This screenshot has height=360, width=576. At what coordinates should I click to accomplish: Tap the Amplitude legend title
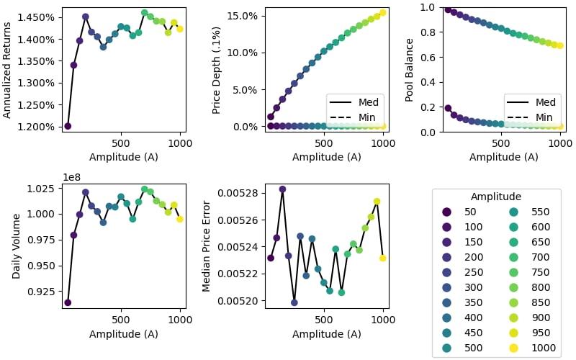click(x=496, y=197)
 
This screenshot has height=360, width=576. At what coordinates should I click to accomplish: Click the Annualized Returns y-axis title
click(x=8, y=70)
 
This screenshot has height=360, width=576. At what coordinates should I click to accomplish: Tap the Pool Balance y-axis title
click(x=410, y=70)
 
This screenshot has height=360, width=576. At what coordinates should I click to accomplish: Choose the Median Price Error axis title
click(x=207, y=246)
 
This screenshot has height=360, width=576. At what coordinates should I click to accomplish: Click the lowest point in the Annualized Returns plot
click(x=68, y=126)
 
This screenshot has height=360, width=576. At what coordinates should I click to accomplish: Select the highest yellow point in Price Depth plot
click(x=383, y=12)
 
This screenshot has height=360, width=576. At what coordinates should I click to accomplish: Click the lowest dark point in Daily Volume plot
click(x=68, y=302)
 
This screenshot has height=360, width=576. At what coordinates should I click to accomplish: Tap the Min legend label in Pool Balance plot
click(x=544, y=117)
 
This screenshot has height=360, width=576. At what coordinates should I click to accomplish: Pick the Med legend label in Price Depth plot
click(x=367, y=102)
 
